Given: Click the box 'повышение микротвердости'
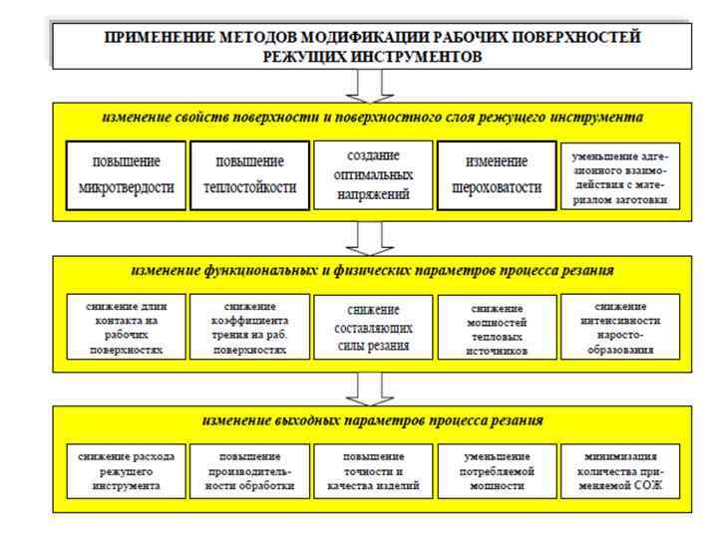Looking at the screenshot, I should tap(126, 175).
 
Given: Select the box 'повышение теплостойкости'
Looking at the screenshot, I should tap(249, 175).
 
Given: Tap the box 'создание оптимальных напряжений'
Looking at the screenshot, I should tap(373, 175).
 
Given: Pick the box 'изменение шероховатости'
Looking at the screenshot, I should tap(497, 175).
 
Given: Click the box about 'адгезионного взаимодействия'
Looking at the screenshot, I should tap(620, 175).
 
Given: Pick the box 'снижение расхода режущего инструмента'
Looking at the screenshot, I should tap(126, 471).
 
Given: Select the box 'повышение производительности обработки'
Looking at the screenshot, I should tap(249, 471).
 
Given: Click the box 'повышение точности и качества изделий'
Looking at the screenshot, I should tap(373, 471).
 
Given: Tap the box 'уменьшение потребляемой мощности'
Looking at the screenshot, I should tap(497, 471).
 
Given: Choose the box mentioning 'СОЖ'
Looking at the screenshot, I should tap(620, 471).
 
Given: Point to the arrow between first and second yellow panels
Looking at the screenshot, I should tap(372, 236).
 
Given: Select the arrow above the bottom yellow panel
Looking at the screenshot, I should tap(372, 388).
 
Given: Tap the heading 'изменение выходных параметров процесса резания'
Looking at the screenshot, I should tap(372, 420).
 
